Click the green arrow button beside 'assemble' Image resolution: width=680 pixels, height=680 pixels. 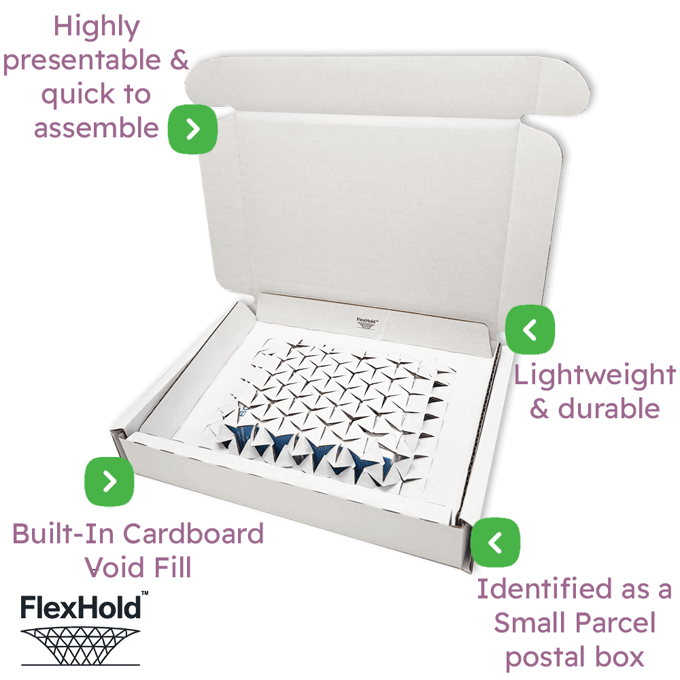tap(192, 129)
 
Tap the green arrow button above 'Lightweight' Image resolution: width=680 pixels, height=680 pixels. tap(530, 330)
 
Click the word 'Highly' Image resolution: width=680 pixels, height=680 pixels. tap(97, 27)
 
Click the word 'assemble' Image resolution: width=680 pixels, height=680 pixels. tap(96, 127)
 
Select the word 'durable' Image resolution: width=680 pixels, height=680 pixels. tap(609, 408)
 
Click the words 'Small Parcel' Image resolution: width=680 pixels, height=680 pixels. tap(575, 623)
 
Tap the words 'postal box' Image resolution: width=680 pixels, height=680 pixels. tap(575, 657)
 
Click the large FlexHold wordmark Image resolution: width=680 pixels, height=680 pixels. tap(80, 607)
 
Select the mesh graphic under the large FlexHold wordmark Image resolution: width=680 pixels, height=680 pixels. tap(80, 643)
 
